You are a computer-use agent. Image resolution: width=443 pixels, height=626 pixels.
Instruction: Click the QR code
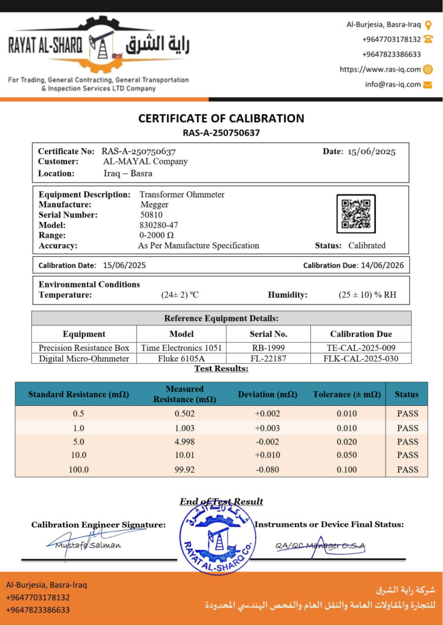click(x=356, y=214)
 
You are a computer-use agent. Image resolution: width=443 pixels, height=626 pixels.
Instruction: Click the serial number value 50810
click(x=152, y=215)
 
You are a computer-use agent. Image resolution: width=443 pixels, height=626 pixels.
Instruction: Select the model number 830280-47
click(x=158, y=225)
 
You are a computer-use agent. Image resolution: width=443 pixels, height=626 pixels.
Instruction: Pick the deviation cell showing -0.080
click(x=267, y=469)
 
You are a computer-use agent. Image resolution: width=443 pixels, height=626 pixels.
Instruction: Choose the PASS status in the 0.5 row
click(x=408, y=413)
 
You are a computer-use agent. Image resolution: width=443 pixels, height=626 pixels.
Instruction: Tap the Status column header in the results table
click(x=407, y=394)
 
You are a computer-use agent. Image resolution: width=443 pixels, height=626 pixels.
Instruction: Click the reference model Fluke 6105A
click(x=181, y=358)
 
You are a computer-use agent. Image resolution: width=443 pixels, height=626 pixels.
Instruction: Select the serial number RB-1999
click(x=268, y=347)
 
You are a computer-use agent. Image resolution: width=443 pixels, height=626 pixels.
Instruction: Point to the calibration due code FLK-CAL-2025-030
click(x=360, y=358)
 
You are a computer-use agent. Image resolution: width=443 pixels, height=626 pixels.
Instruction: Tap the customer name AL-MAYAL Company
click(x=145, y=161)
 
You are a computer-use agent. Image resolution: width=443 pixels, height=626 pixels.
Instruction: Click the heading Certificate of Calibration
click(x=221, y=118)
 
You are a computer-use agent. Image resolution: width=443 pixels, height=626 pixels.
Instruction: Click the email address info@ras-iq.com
click(x=393, y=84)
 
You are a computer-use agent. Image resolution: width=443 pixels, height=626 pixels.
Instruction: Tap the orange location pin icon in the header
click(x=428, y=25)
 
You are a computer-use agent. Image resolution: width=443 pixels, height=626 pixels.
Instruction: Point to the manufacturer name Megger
click(x=154, y=204)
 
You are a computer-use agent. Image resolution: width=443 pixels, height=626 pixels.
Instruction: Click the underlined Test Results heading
click(x=221, y=369)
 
